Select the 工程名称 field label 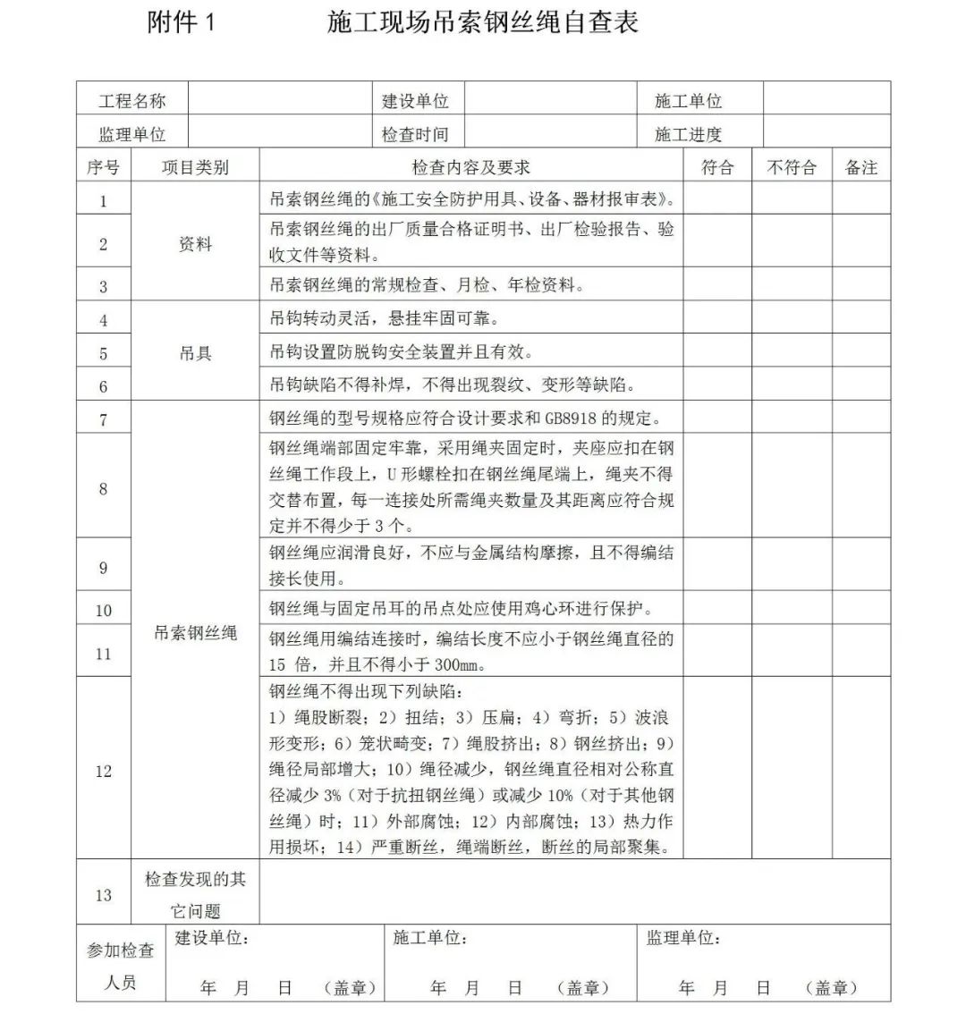coord(131,101)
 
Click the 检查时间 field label coord(415,135)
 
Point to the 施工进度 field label coord(688,135)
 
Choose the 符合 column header coord(717,167)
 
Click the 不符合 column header coord(792,167)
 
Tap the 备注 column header coord(861,167)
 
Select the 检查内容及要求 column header coord(471,167)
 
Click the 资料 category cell coord(195,244)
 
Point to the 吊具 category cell coord(195,353)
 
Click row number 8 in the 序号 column coord(104,489)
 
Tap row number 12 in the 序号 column coord(104,771)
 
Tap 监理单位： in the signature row coord(684,938)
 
